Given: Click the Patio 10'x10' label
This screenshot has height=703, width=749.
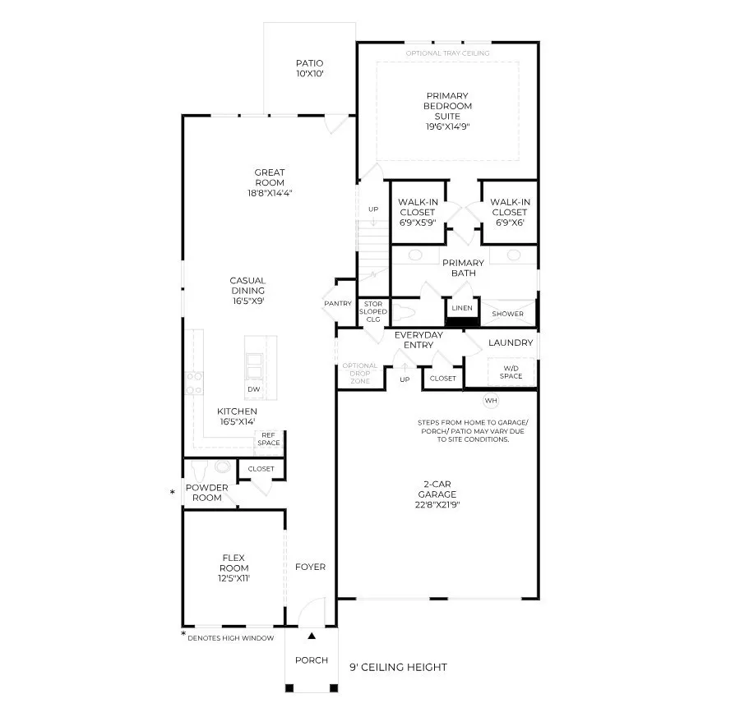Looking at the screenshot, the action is (309, 68).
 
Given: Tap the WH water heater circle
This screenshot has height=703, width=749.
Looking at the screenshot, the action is (491, 401).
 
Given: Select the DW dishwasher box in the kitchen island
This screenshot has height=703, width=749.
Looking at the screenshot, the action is (254, 389).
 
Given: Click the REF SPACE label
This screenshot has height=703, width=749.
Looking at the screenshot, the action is (269, 439).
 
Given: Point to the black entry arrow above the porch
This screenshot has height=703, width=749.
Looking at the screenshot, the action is (312, 636).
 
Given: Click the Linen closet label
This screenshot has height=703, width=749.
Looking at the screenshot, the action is (462, 308).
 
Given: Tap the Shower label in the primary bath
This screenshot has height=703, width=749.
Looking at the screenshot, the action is (508, 314).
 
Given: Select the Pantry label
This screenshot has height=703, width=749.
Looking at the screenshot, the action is (338, 304).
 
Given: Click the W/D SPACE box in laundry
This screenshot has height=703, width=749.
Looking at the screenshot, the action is (511, 372).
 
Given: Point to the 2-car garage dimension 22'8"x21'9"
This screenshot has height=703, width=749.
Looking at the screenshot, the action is (437, 505).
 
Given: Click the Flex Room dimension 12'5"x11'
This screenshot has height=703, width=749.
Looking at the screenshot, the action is (234, 578).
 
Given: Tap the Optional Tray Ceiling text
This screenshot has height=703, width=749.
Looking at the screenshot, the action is (447, 53).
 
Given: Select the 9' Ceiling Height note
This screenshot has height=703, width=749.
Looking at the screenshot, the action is (399, 667).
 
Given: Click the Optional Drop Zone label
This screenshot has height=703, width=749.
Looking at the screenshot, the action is (359, 373).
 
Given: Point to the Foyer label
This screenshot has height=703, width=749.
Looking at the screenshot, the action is (311, 567).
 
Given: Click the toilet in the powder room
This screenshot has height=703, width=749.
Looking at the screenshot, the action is (199, 470).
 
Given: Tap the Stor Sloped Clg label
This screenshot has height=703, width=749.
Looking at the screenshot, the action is (373, 311).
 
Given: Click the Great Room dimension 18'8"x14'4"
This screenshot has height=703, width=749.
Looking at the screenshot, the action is (270, 193).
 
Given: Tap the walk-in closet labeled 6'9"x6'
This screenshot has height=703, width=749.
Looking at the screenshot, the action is (511, 213).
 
